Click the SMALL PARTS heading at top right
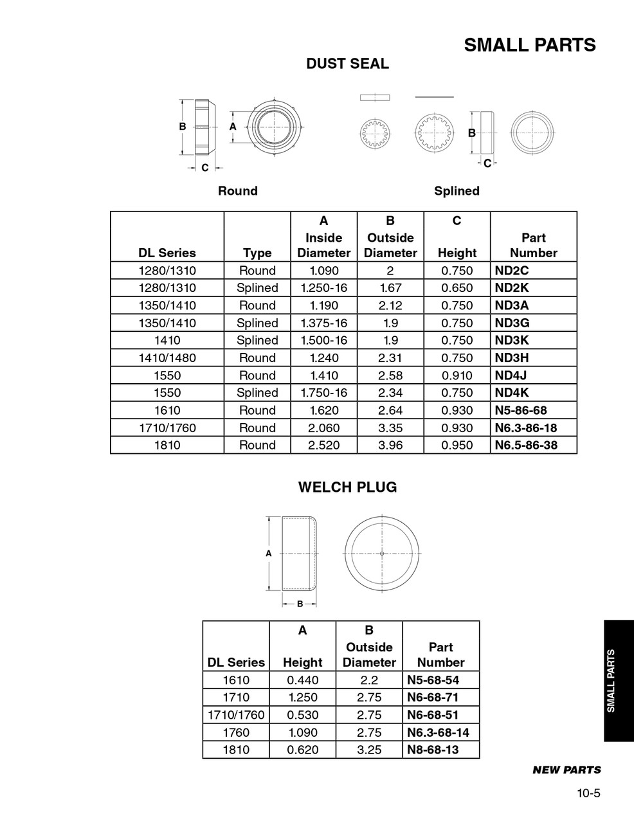[530, 45]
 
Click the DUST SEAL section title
[347, 64]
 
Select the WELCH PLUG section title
[347, 487]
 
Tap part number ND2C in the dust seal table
[512, 271]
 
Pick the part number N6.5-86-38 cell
[525, 445]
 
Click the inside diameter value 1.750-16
[324, 393]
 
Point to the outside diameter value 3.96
[390, 445]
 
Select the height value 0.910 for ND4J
[457, 375]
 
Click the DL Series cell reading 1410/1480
[167, 358]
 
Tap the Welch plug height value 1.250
[302, 698]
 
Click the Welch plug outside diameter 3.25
[369, 750]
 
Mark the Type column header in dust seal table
[257, 253]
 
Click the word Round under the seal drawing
[237, 191]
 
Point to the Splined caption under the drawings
[457, 191]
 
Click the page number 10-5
[588, 793]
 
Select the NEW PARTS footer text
[566, 770]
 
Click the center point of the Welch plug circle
[382, 554]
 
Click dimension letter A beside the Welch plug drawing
[269, 553]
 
